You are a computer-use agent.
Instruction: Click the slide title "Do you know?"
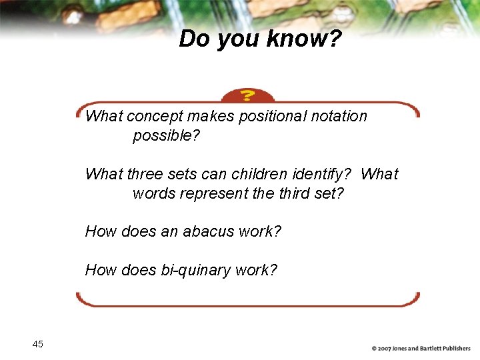coord(260,39)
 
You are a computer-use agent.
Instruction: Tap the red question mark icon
coord(247,96)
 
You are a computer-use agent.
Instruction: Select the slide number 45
coord(37,344)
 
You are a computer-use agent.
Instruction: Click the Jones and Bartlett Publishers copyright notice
coord(421,348)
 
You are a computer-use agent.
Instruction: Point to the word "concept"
coord(154,117)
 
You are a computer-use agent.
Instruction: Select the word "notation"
coord(338,117)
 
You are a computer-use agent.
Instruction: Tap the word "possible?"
coord(167,136)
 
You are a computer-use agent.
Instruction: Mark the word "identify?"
coord(322,175)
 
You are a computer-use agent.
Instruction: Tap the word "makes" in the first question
coord(211,117)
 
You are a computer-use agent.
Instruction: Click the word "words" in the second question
coord(152,194)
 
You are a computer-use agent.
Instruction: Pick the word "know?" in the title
coord(304,39)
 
